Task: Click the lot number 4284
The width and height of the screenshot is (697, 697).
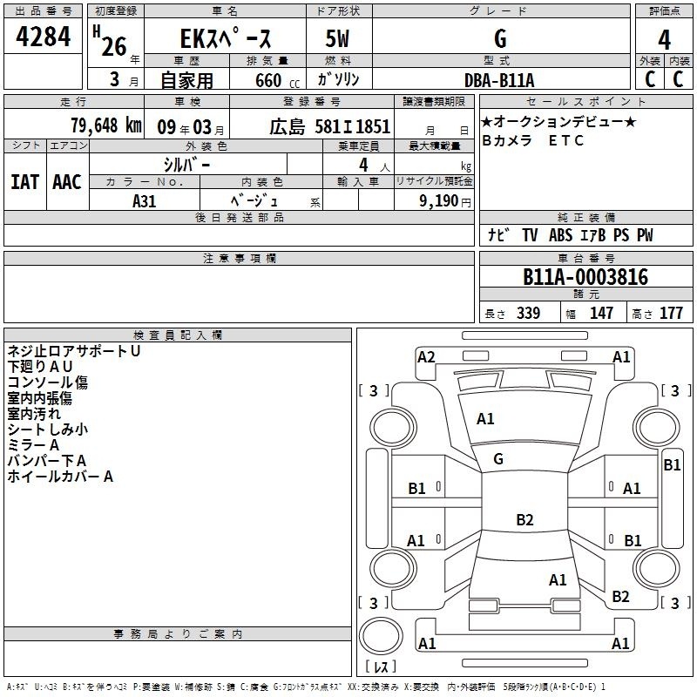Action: click(x=43, y=37)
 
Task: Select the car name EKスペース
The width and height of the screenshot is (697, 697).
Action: click(x=226, y=38)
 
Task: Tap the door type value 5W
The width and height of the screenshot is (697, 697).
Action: click(x=337, y=38)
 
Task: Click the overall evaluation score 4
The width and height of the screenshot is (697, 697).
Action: click(x=664, y=40)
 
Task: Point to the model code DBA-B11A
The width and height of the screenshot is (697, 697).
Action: click(x=499, y=80)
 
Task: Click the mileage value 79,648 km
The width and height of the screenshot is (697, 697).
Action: click(x=106, y=125)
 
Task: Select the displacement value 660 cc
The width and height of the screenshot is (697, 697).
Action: click(x=277, y=81)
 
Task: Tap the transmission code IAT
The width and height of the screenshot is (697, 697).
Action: click(x=25, y=182)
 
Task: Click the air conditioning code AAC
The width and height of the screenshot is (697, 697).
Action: click(x=67, y=182)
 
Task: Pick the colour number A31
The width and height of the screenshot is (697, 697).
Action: click(x=145, y=201)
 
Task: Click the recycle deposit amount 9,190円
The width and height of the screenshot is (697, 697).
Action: click(x=445, y=201)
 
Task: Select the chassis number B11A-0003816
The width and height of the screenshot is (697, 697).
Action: click(x=585, y=277)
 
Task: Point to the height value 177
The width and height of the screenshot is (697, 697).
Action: click(x=671, y=313)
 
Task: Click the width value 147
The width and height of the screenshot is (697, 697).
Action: click(x=601, y=313)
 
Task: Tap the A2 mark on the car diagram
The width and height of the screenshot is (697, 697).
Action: click(x=426, y=357)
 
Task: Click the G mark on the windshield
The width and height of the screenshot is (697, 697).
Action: click(x=498, y=459)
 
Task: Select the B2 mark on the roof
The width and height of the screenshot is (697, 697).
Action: click(x=524, y=519)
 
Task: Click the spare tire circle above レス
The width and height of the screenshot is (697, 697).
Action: click(x=381, y=636)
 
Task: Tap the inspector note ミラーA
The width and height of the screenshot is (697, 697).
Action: click(x=33, y=445)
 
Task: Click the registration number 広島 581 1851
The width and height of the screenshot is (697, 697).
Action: click(x=330, y=126)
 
